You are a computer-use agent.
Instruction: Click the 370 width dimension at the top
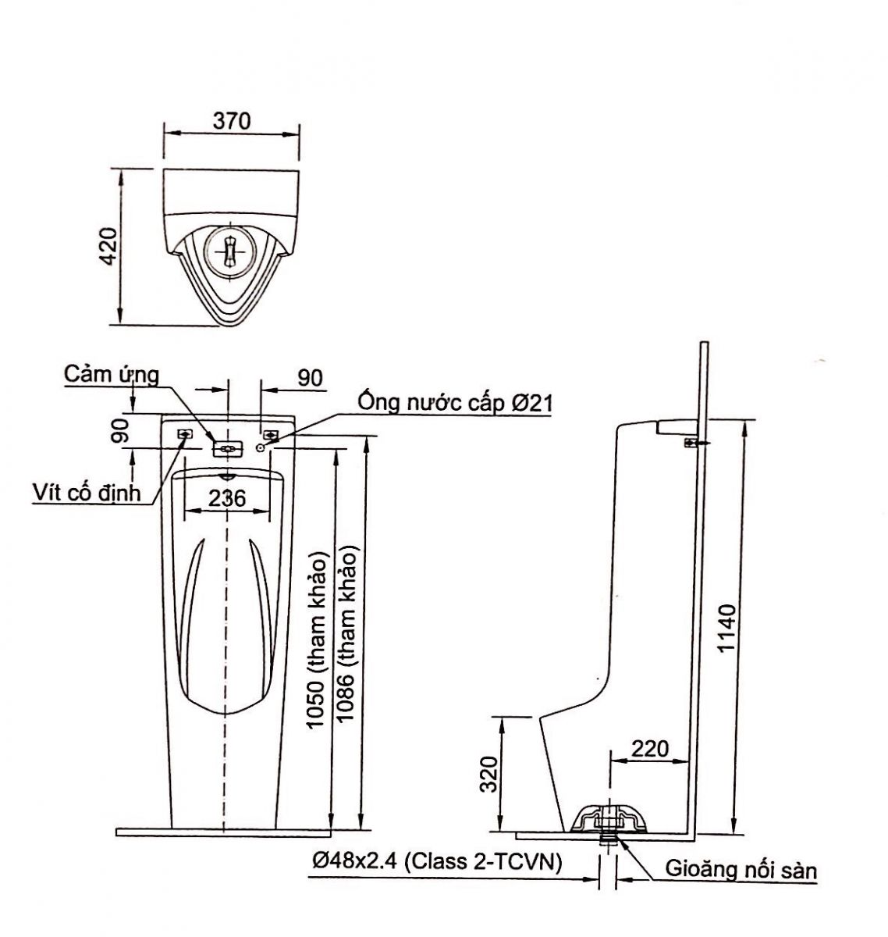(x=232, y=121)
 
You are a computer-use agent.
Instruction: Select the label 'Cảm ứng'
(x=112, y=375)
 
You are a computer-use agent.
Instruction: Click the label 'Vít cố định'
(x=87, y=492)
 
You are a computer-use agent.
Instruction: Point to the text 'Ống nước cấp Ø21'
(x=455, y=403)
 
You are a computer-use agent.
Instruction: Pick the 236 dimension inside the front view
(x=227, y=498)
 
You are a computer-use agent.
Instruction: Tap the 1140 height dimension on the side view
(x=726, y=629)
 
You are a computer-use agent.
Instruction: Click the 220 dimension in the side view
(x=649, y=749)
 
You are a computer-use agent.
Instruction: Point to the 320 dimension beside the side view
(x=488, y=773)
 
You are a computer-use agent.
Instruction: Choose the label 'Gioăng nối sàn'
(x=741, y=869)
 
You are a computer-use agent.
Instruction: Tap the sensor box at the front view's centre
(x=227, y=448)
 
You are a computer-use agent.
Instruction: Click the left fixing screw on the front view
(x=186, y=434)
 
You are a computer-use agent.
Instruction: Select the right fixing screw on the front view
(x=271, y=434)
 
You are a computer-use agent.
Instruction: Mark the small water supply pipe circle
(x=260, y=448)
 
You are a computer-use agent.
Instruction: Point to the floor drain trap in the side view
(x=609, y=820)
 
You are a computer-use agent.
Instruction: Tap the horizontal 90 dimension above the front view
(x=310, y=378)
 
